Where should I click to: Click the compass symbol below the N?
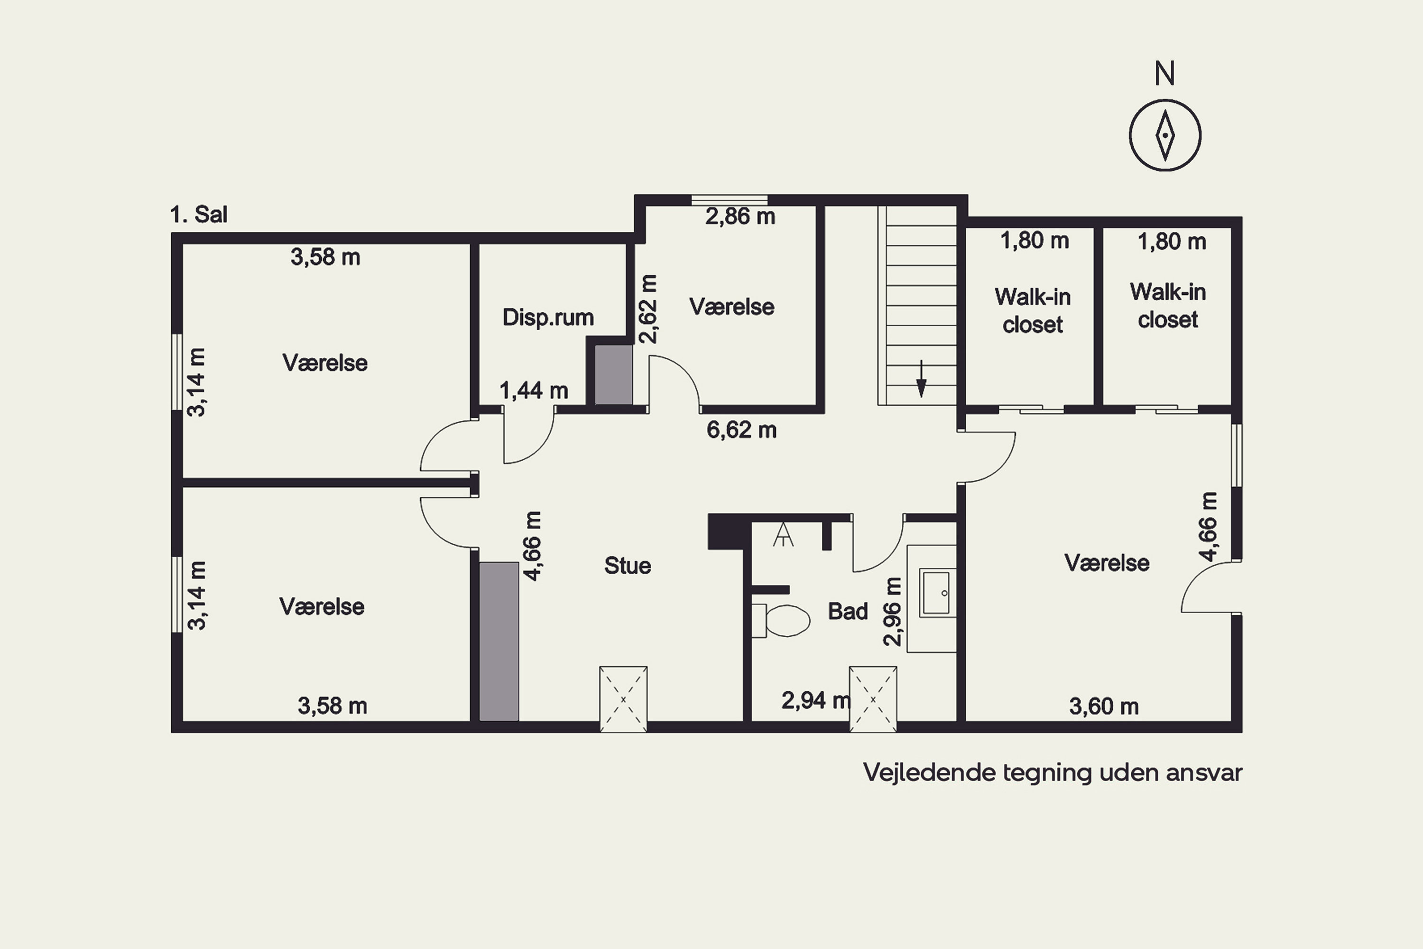(1164, 135)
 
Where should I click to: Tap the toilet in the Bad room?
(781, 620)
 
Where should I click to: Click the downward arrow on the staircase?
(921, 379)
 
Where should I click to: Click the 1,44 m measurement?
(534, 391)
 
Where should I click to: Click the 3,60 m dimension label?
(1104, 707)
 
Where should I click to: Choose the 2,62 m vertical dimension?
(647, 309)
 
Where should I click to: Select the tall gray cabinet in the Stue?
(499, 642)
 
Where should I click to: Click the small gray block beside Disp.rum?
(614, 375)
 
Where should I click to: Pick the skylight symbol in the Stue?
(623, 699)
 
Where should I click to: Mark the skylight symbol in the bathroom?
(873, 699)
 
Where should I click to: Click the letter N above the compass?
(1164, 74)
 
